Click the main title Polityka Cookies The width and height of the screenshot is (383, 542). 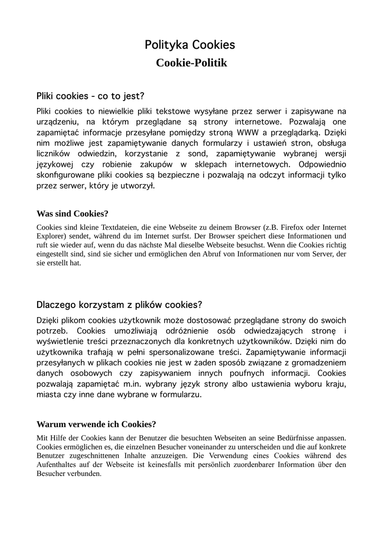(x=190, y=45)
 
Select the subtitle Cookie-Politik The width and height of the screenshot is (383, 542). (x=191, y=63)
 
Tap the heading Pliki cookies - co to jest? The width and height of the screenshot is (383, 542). (x=90, y=96)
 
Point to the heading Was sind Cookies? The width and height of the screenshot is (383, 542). (x=72, y=214)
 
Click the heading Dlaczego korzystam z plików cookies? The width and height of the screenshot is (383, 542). (x=119, y=305)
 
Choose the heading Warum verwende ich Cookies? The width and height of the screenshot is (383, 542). (x=96, y=424)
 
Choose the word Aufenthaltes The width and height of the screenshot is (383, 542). (x=59, y=465)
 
